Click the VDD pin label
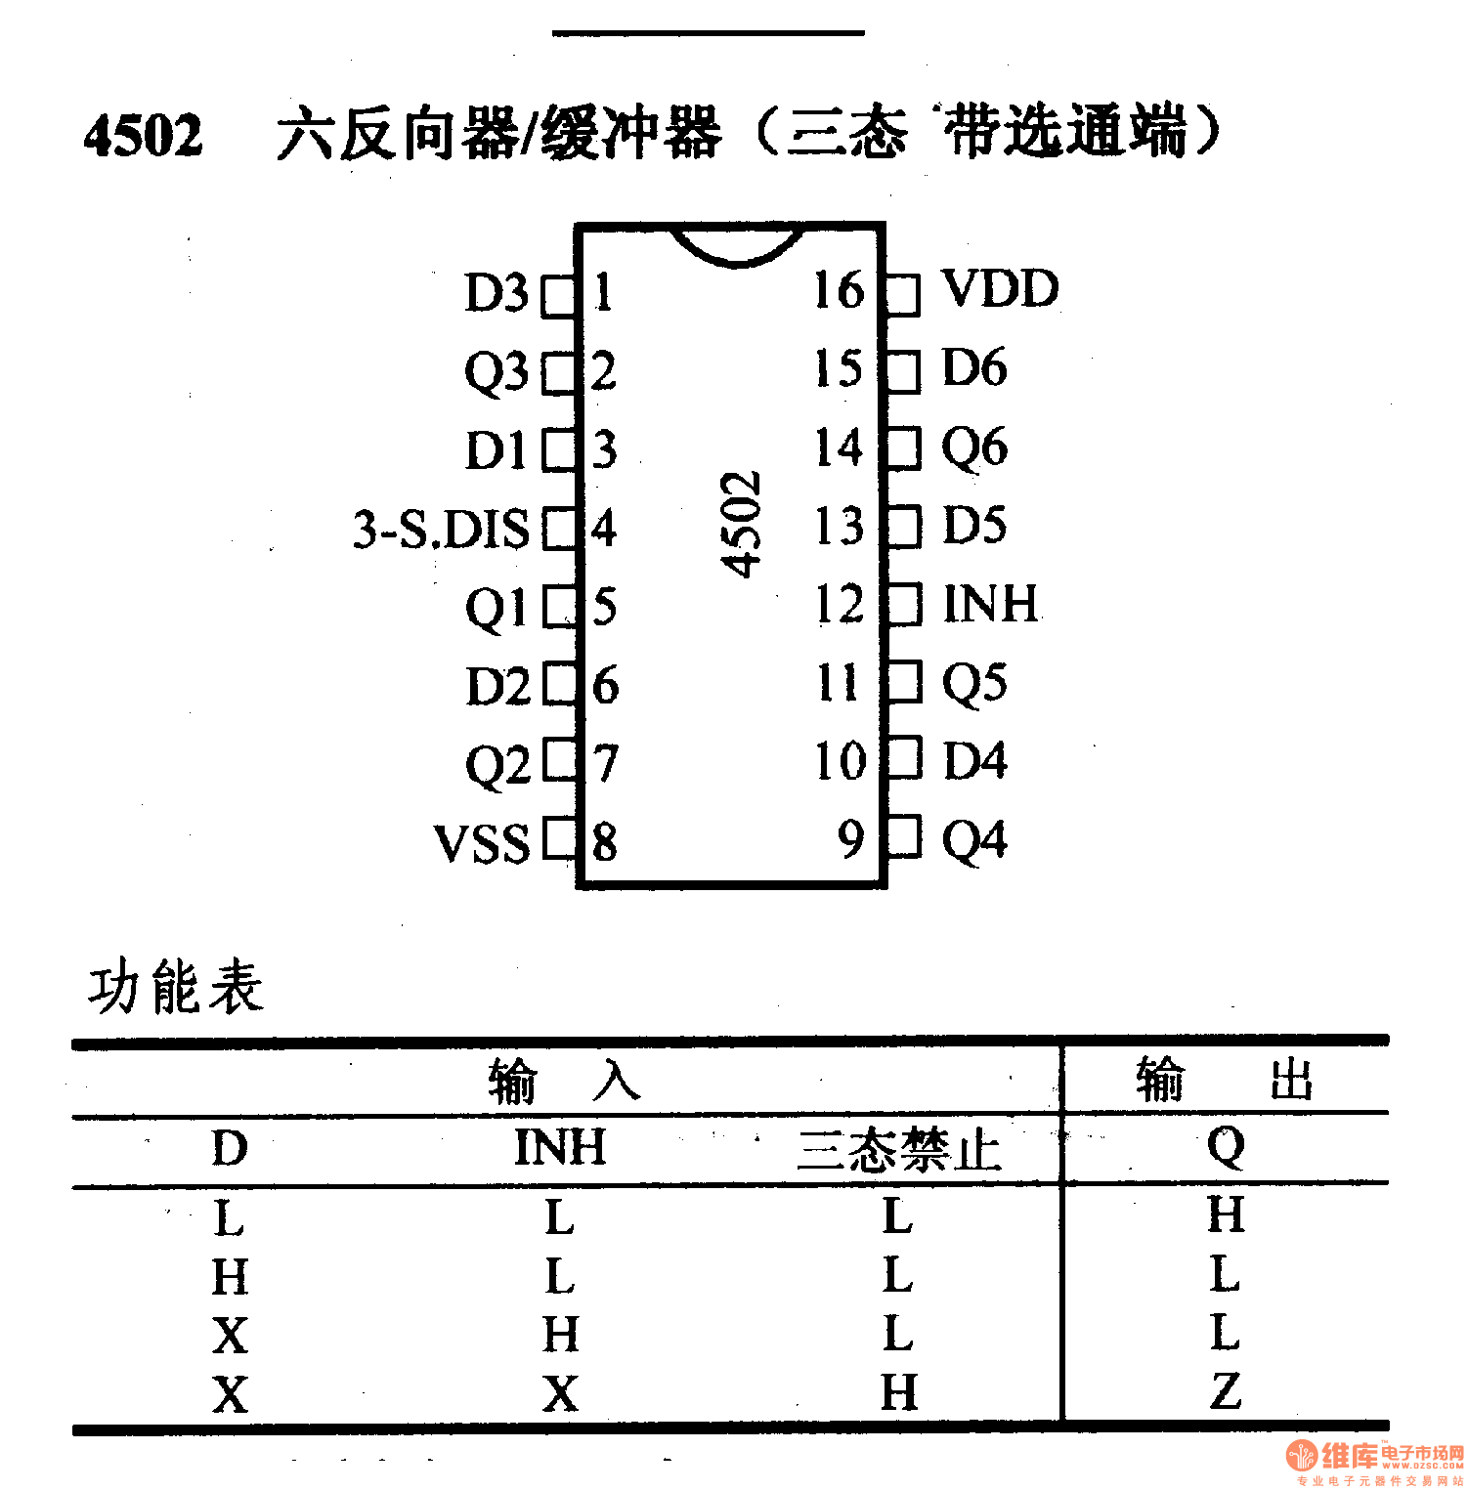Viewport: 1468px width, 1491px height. click(1000, 289)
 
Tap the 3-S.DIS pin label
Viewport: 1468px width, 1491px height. click(441, 529)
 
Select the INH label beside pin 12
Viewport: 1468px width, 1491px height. click(990, 603)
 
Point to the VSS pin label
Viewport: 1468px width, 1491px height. click(482, 843)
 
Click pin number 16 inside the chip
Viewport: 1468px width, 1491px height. click(839, 290)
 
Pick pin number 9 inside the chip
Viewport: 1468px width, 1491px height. click(851, 838)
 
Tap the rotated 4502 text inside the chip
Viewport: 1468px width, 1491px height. click(740, 525)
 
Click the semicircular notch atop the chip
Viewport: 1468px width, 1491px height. click(739, 244)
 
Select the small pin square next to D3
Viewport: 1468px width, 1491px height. click(559, 294)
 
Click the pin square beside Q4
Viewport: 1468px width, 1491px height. click(904, 838)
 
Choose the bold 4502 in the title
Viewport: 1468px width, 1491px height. click(144, 135)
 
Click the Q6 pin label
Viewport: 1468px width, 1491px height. click(974, 447)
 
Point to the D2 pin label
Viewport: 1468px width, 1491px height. click(497, 686)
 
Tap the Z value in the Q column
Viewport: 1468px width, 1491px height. click(1226, 1390)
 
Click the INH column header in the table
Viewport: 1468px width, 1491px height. click(560, 1147)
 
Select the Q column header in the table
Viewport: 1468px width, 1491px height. click(1226, 1145)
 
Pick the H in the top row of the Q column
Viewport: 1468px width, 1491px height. click(1226, 1214)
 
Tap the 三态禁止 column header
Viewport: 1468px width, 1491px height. click(898, 1149)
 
